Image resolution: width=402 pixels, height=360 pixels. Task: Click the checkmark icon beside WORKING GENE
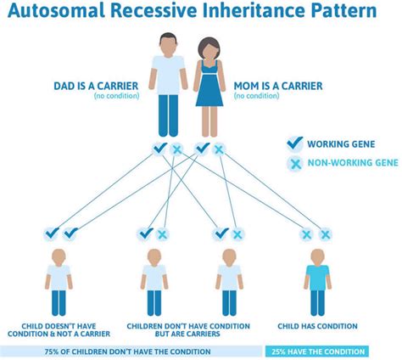tap(295, 143)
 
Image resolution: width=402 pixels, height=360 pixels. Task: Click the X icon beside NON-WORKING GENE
tap(295, 164)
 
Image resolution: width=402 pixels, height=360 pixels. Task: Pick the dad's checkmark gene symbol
tap(159, 149)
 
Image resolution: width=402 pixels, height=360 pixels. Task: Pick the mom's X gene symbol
tap(219, 149)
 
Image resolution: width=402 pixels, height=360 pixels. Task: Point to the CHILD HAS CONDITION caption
tap(316, 324)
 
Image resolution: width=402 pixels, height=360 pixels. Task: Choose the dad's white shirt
tap(168, 75)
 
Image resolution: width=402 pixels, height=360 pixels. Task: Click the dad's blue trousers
tap(168, 115)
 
